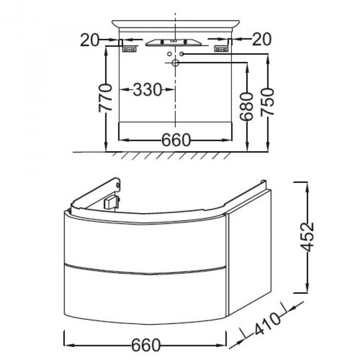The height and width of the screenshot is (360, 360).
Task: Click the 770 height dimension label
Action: (x=105, y=98)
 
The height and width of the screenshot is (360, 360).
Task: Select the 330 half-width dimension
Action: (x=148, y=90)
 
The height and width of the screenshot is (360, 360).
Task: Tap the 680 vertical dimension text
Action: (x=246, y=107)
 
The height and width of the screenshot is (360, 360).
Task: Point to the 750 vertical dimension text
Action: (x=267, y=102)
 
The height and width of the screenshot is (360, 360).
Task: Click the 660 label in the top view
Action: (x=176, y=140)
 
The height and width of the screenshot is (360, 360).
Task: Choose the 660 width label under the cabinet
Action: (x=145, y=345)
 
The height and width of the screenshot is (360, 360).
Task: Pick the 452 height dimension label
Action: (x=307, y=237)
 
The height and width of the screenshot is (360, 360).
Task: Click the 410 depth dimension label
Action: (x=267, y=324)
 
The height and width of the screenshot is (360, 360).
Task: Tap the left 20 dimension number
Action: (x=89, y=40)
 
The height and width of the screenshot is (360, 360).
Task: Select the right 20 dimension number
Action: (x=262, y=39)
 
